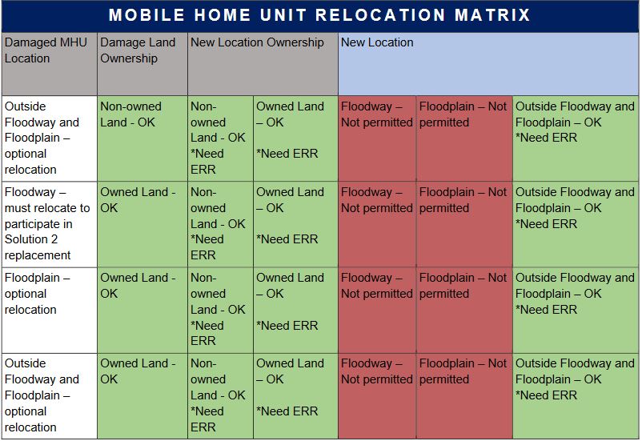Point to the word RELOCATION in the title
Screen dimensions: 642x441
[380, 15]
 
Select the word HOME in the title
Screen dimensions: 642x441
[223, 15]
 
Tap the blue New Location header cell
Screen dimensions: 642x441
[488, 64]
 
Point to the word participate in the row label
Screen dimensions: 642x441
[38, 224]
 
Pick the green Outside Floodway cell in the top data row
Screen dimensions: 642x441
[576, 138]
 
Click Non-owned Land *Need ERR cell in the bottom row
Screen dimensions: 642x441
[220, 396]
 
